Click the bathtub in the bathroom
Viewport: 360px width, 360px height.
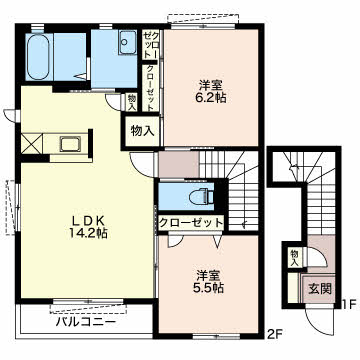pyautogui.click(x=38, y=56)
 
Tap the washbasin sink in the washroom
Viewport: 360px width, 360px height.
pyautogui.click(x=128, y=42)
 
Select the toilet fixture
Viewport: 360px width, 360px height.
pyautogui.click(x=201, y=196)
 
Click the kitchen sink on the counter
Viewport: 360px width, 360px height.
pyautogui.click(x=70, y=144)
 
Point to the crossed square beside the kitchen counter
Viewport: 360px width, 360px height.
pyautogui.click(x=32, y=144)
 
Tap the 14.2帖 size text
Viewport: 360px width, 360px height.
pyautogui.click(x=88, y=233)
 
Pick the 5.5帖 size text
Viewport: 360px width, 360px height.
pyautogui.click(x=209, y=287)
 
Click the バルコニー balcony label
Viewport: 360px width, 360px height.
pyautogui.click(x=86, y=322)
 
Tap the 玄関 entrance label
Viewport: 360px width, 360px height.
pyautogui.click(x=320, y=289)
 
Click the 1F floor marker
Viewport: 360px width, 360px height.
pyautogui.click(x=350, y=304)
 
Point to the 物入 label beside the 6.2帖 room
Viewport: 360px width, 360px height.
pyautogui.click(x=143, y=131)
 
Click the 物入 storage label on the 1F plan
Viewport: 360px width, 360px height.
pyautogui.click(x=294, y=258)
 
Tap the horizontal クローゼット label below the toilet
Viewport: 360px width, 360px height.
pyautogui.click(x=191, y=223)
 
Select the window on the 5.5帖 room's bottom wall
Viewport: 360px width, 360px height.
pyautogui.click(x=216, y=336)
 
